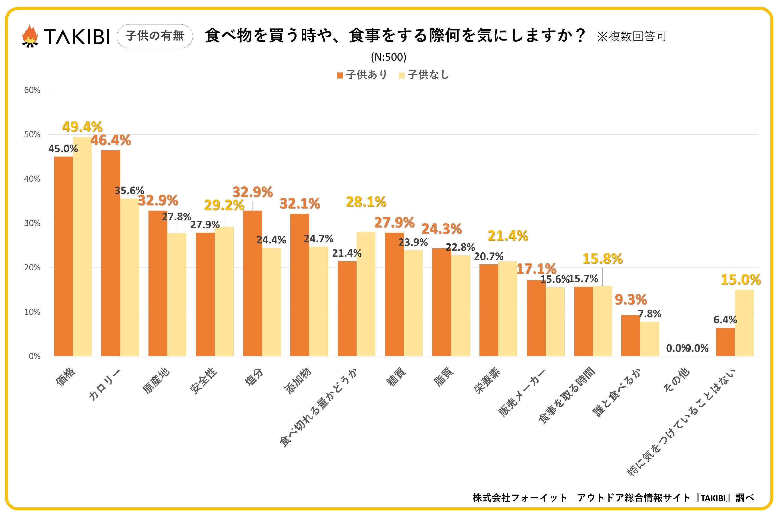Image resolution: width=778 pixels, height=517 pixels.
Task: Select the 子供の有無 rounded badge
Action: (x=154, y=36)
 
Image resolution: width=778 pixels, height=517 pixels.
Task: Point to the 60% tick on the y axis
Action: (x=32, y=90)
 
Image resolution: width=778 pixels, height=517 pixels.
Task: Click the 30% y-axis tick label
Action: (x=32, y=223)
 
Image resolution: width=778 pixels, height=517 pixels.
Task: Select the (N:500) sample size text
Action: (x=389, y=57)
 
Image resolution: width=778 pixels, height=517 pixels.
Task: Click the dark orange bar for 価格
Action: (x=63, y=256)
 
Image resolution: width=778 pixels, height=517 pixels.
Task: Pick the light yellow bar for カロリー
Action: (x=130, y=277)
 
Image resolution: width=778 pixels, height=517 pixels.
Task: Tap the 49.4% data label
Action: (x=82, y=127)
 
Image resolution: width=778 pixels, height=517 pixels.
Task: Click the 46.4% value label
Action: (x=111, y=141)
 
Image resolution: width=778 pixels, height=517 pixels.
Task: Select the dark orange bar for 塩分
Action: (x=253, y=283)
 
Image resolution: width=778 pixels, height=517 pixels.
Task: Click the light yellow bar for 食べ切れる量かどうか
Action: (x=366, y=294)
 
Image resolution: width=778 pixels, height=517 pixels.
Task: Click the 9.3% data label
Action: (x=631, y=300)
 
